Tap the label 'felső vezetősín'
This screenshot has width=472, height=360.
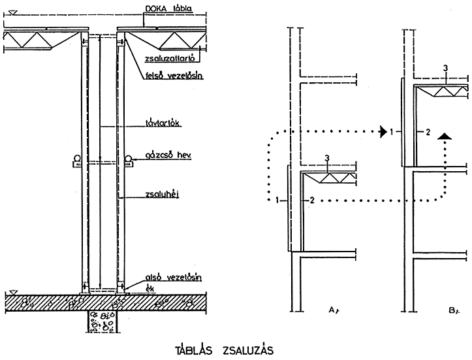click(173, 76)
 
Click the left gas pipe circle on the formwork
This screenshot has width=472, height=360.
click(76, 158)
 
